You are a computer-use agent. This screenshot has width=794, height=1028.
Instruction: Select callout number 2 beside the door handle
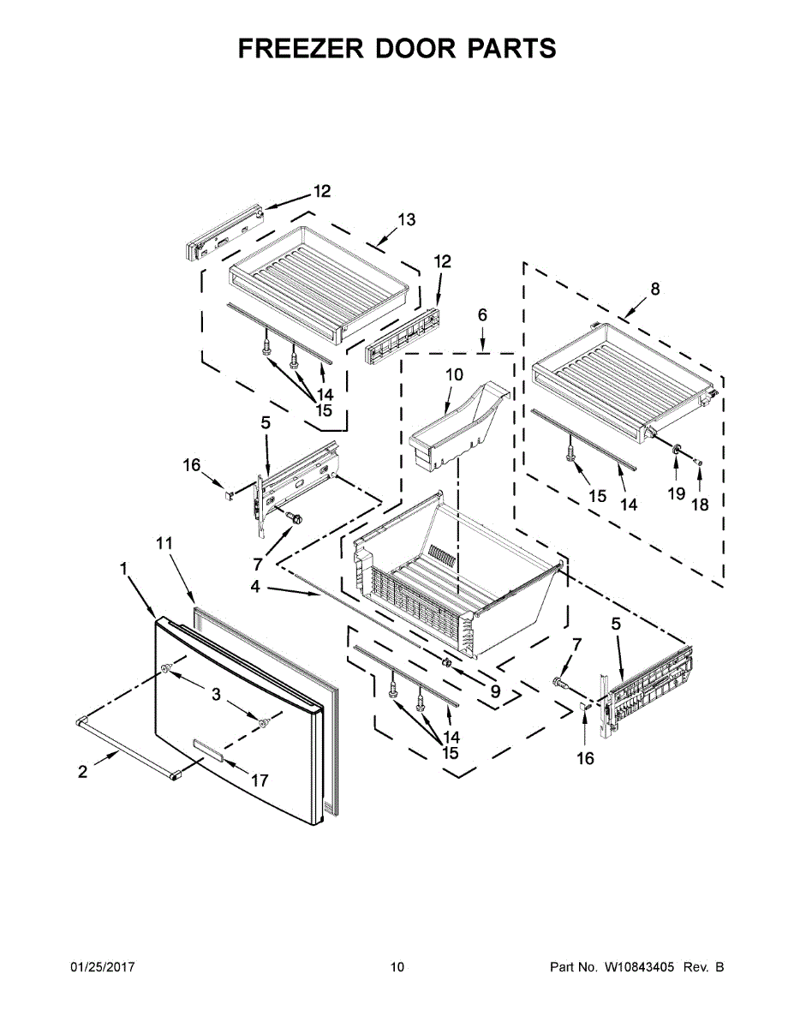tap(82, 772)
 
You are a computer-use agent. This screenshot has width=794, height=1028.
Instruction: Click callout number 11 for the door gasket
tap(164, 543)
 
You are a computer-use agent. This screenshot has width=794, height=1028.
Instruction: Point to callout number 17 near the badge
tap(259, 780)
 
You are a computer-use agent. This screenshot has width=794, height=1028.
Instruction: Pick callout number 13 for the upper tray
tap(406, 220)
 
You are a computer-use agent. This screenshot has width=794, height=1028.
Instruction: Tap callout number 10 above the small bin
tap(454, 374)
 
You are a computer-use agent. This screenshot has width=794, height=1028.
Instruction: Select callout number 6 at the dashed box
tap(482, 315)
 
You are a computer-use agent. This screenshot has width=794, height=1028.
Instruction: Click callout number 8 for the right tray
tap(655, 290)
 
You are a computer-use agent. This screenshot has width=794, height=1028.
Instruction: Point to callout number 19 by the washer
tap(677, 493)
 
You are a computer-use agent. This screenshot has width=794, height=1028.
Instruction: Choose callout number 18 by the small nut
tap(700, 505)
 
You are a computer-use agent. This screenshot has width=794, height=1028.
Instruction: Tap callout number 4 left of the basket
tap(254, 587)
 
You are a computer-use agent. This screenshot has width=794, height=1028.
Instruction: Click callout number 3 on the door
tap(217, 695)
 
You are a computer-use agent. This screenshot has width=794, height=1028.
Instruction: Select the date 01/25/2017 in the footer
tap(102, 967)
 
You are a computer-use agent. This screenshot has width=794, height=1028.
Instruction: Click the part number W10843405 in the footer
tap(639, 967)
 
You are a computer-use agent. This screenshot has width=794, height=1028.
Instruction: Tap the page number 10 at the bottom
tap(397, 967)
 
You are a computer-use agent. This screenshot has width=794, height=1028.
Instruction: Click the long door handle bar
tap(128, 746)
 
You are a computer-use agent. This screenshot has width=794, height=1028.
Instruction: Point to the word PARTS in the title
tap(511, 49)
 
